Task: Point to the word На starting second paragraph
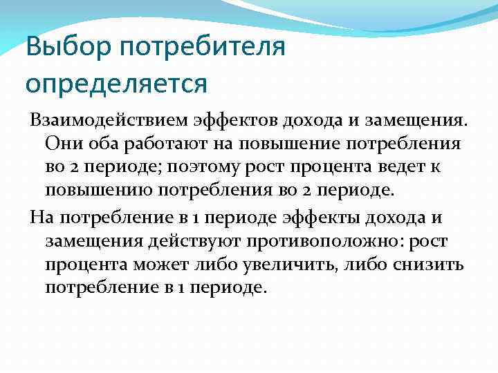coord(42,219)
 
